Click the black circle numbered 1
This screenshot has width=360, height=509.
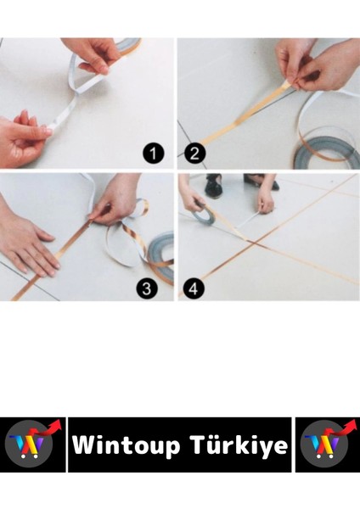point(154,154)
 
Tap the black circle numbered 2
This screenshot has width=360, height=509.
point(195,154)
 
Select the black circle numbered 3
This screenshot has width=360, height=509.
point(147,288)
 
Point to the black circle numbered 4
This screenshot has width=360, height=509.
point(194,288)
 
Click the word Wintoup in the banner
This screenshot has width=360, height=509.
point(126,445)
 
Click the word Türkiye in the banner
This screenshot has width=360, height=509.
point(239,445)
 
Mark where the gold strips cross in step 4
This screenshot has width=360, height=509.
point(255,242)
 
